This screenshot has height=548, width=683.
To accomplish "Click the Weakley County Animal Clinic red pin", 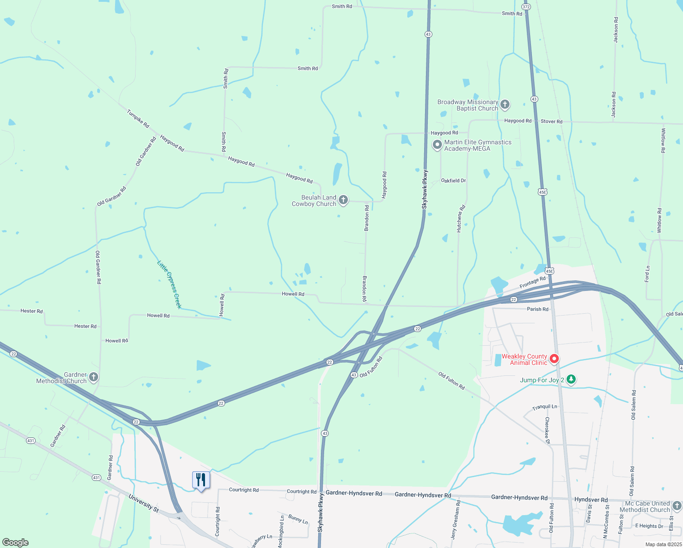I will click(x=554, y=359).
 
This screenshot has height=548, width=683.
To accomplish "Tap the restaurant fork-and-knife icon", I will click(x=201, y=480).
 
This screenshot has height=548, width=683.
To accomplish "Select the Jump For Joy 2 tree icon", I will click(x=571, y=379).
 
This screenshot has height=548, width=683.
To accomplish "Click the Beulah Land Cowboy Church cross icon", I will click(x=343, y=200).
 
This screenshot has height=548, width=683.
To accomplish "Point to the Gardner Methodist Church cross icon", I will click(x=93, y=377).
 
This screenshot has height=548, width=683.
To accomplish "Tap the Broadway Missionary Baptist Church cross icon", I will click(x=505, y=105).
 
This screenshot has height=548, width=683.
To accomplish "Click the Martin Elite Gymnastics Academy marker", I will click(x=437, y=145).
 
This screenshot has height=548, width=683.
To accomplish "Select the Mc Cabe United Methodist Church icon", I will click(x=677, y=506).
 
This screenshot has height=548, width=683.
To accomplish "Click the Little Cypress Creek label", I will click(x=169, y=284).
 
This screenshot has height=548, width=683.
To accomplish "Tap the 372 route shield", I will click(x=526, y=6).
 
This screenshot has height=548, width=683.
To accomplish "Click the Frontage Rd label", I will click(x=532, y=282).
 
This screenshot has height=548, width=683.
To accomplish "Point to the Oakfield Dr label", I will click(x=453, y=181).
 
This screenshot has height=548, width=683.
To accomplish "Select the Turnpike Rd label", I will click(x=138, y=119).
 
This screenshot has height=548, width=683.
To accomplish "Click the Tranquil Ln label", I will click(x=545, y=407).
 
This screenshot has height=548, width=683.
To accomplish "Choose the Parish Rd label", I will click(x=537, y=309).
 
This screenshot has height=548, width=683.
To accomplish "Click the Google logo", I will click(x=16, y=542).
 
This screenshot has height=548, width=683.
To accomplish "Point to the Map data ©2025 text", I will click(x=663, y=544).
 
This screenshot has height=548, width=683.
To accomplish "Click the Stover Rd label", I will click(x=552, y=121).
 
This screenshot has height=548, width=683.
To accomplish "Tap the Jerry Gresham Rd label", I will click(x=456, y=520).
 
